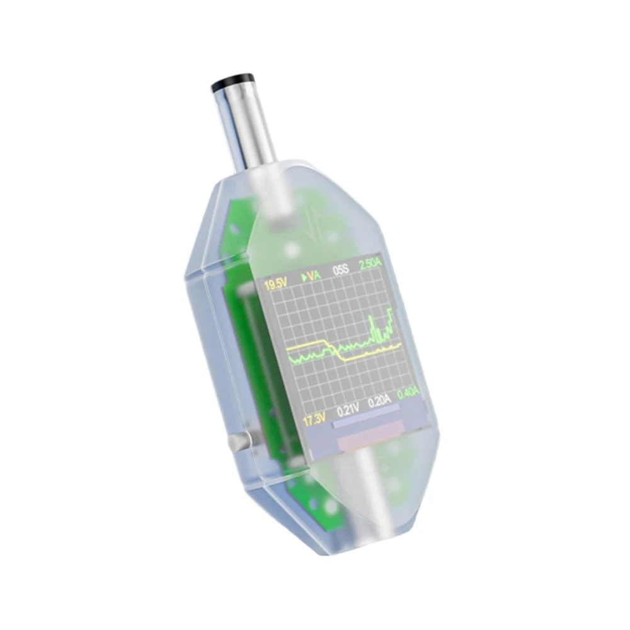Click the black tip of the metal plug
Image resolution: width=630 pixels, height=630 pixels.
[x=232, y=81]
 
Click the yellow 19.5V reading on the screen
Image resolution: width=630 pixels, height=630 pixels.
[x=275, y=285]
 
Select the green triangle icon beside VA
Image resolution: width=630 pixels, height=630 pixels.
[x=304, y=277]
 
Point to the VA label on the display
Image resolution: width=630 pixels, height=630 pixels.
[x=314, y=275]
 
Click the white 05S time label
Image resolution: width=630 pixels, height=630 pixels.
[x=341, y=270]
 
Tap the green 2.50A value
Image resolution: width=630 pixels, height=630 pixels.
[x=370, y=265]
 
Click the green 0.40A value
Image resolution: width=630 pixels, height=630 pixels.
[x=408, y=392]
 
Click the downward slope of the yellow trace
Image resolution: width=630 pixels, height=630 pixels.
[x=334, y=350]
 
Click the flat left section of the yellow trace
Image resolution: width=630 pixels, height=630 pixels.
[x=302, y=345]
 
